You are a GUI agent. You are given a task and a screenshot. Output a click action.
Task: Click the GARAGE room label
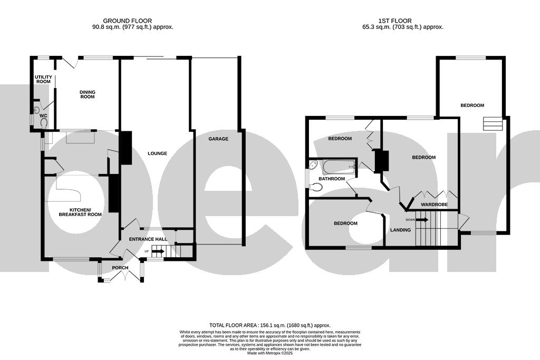point(218,139)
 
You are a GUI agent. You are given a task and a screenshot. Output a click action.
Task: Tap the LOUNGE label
point(157,154)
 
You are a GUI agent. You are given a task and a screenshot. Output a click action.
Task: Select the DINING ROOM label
point(88,94)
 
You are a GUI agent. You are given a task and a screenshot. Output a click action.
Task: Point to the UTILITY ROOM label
point(43,79)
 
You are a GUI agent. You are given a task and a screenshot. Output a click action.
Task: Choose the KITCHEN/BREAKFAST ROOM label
point(80,212)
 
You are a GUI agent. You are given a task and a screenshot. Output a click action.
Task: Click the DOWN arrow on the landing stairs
point(421,219)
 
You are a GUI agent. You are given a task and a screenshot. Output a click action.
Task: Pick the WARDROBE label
point(434,204)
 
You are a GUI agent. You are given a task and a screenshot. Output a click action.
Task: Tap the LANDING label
point(400,230)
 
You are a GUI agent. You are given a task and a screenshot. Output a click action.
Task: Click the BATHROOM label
point(331,179)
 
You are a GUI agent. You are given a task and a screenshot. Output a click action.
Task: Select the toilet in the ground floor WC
point(43,122)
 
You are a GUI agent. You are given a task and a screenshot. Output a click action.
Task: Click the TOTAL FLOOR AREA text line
point(269,326)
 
